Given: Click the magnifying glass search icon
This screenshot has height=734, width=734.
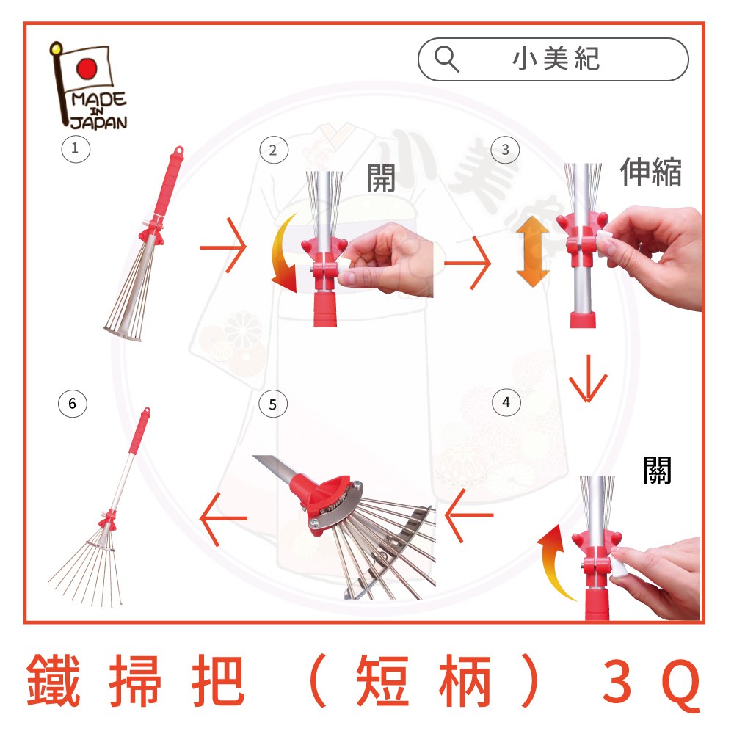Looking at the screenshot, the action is click(446, 59).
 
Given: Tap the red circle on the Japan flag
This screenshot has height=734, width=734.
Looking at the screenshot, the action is click(87, 68).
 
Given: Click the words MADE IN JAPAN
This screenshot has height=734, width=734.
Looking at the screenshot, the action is click(99, 111).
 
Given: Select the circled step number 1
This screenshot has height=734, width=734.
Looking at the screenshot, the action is click(76, 149).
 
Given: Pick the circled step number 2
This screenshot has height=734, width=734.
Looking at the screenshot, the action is click(274, 150).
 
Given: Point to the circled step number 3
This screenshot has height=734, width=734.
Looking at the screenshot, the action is click(505, 150).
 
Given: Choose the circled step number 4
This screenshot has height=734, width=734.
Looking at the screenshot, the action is click(506, 402).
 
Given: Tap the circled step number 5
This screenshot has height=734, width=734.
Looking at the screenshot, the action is click(273, 404).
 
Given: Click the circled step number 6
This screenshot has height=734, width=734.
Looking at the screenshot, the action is click(72, 404).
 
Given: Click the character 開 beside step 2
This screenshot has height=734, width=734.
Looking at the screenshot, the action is click(381, 178).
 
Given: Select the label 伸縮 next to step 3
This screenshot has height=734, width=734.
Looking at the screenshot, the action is click(650, 172).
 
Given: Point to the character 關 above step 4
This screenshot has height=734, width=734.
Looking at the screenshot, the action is click(657, 470).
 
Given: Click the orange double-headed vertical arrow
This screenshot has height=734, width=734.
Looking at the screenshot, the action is click(533, 251).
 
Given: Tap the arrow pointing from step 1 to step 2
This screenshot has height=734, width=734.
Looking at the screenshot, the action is click(223, 246).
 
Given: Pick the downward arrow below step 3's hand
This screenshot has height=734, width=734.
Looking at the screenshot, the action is click(588, 378).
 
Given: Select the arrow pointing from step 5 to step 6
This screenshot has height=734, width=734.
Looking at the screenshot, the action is click(223, 518).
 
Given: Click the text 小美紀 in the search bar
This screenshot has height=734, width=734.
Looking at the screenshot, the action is click(556, 59).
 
